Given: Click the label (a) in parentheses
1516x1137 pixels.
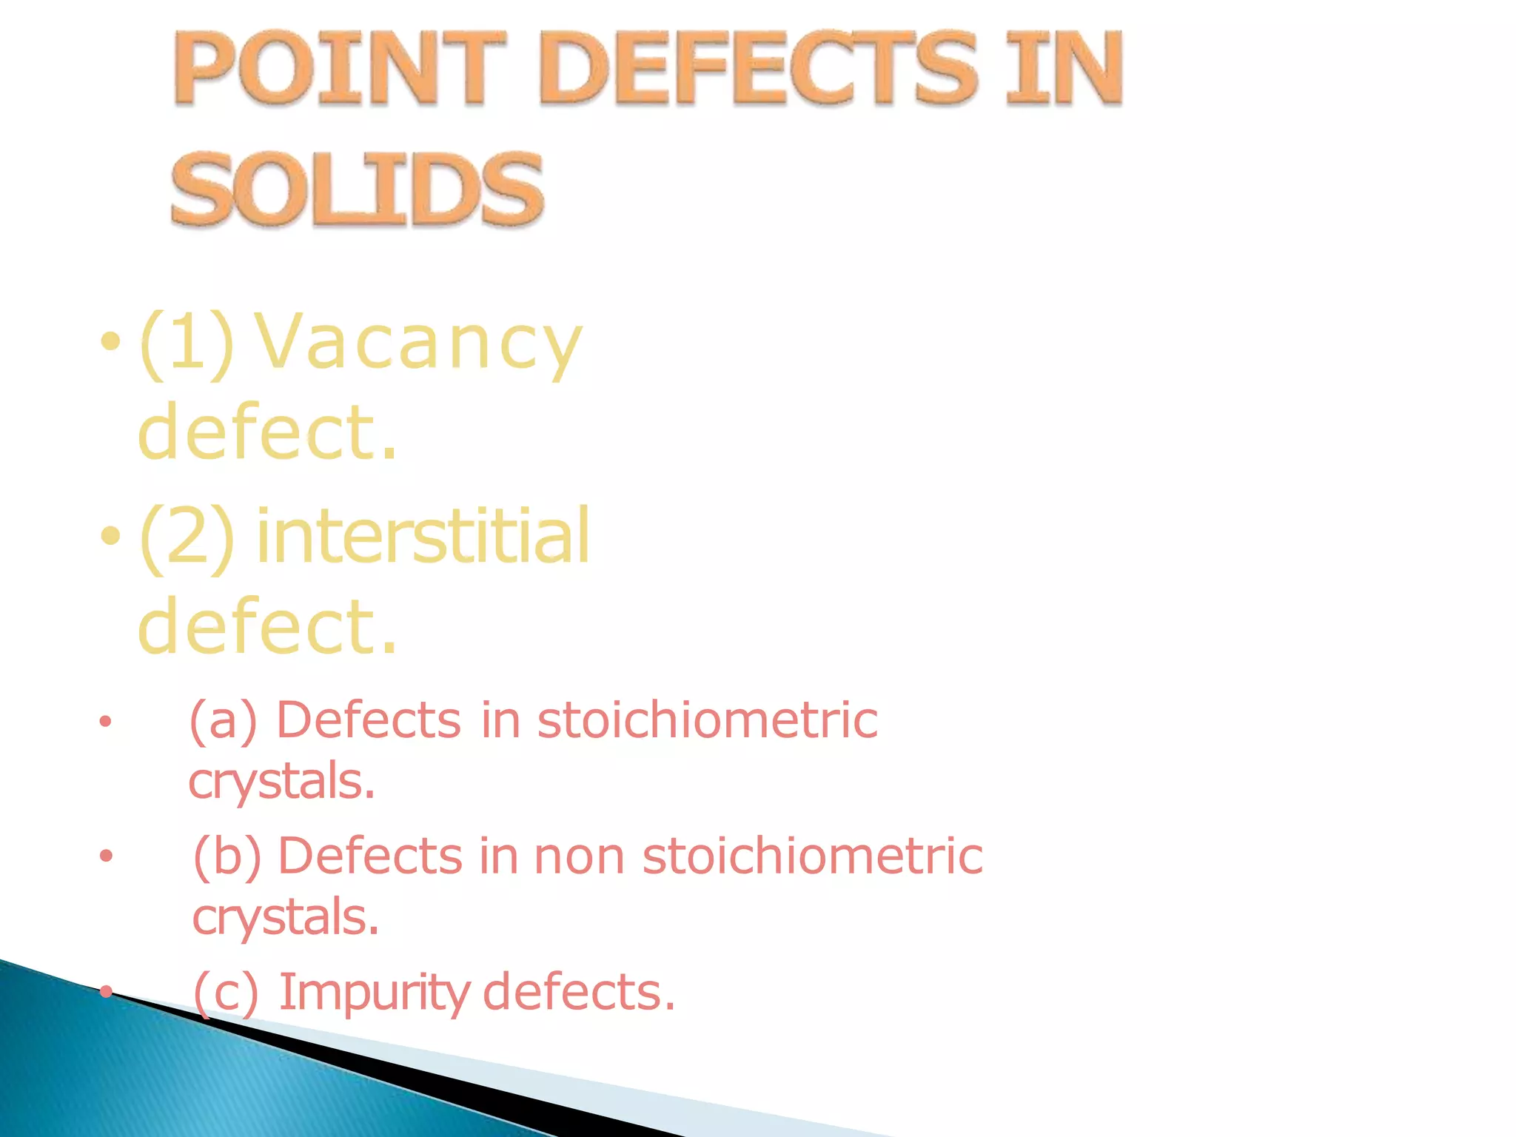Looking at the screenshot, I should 223,720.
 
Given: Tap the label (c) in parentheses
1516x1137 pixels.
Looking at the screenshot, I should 226,992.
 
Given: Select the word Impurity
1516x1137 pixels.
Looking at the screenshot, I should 374,992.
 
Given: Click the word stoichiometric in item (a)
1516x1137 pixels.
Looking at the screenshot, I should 707,720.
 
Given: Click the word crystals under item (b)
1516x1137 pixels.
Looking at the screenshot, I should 285,917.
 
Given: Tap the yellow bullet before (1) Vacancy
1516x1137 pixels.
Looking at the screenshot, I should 110,342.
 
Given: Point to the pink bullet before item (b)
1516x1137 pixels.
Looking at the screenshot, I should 106,856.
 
